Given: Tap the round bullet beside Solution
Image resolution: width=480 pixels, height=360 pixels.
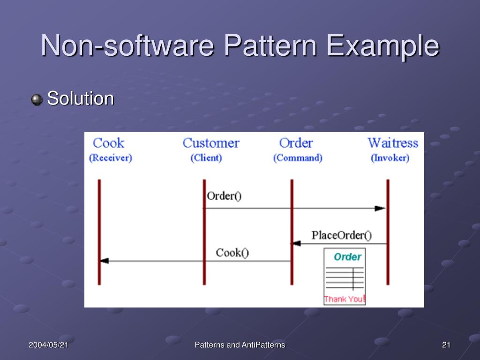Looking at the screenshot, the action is [x=37, y=100].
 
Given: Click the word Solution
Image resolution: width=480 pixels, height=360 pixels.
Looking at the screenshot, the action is [x=81, y=99].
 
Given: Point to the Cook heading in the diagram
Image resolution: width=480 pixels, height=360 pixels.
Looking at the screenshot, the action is [x=109, y=143].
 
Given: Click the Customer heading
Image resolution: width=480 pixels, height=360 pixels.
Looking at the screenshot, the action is [x=210, y=143].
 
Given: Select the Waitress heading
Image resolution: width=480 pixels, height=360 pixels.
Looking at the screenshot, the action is [x=392, y=143].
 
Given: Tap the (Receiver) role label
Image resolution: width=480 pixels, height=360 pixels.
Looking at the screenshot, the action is [x=111, y=158].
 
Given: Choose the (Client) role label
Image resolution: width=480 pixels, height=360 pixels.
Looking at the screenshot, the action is [x=206, y=158].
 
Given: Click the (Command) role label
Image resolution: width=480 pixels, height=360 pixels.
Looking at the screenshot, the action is [x=298, y=158].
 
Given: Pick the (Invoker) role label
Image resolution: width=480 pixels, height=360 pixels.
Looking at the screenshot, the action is [x=390, y=158].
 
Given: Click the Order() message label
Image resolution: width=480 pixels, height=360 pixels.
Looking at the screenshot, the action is [x=224, y=196].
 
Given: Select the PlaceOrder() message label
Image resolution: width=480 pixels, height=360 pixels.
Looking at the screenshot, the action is [x=341, y=235].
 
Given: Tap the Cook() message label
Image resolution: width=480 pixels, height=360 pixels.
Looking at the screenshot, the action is [x=232, y=253].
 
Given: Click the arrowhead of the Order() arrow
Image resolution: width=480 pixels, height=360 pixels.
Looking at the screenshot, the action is [x=380, y=209].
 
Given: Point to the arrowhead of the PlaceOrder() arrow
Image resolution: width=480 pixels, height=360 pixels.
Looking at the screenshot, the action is [x=296, y=243].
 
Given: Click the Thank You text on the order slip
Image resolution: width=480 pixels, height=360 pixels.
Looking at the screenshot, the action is [x=344, y=299].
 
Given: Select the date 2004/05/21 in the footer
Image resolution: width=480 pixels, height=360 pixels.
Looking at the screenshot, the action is [x=48, y=345].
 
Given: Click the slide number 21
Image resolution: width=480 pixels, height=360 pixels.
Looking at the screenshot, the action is [x=446, y=345].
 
